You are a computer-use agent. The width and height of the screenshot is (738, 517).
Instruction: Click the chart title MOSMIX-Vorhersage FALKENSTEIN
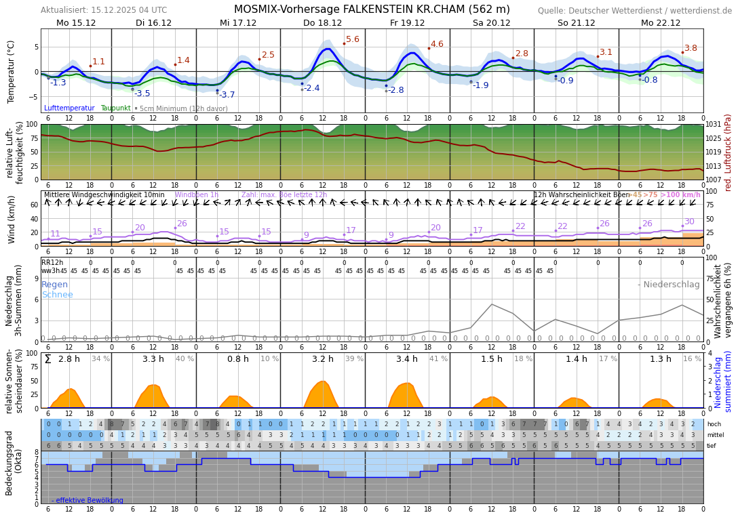coord(372,9)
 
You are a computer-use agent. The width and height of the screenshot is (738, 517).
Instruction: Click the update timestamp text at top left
coord(103,10)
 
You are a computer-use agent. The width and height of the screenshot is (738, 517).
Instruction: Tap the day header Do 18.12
coord(322,22)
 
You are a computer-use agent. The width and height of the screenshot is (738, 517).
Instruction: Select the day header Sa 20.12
coord(491,22)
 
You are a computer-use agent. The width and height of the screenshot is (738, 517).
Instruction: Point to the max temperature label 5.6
coord(353,39)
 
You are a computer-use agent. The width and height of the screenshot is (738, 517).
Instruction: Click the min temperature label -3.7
coord(227,95)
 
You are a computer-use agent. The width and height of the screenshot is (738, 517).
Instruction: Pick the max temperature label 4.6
coord(437,44)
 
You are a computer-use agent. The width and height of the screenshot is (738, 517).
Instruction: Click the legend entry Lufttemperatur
coord(69,108)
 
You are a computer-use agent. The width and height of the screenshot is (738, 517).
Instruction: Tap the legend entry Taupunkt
coord(115,108)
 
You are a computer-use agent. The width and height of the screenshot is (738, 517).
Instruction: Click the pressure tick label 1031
coord(714,125)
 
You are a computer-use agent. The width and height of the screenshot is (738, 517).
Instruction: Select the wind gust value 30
coord(689,222)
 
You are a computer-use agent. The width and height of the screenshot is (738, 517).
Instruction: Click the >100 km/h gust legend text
coord(680,195)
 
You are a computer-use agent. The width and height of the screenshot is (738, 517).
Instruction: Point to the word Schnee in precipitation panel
coord(57,295)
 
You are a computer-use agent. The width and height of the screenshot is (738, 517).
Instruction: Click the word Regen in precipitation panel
coord(54,285)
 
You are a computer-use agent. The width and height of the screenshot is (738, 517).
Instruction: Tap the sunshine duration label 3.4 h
coord(407,359)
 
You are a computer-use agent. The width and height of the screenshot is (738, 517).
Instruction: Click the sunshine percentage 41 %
coord(438,359)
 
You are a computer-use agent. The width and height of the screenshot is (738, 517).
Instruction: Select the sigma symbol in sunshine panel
coord(47,359)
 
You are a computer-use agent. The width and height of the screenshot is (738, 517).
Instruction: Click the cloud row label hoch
coord(714,424)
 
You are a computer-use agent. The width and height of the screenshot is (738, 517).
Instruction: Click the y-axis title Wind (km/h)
coord(12,220)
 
